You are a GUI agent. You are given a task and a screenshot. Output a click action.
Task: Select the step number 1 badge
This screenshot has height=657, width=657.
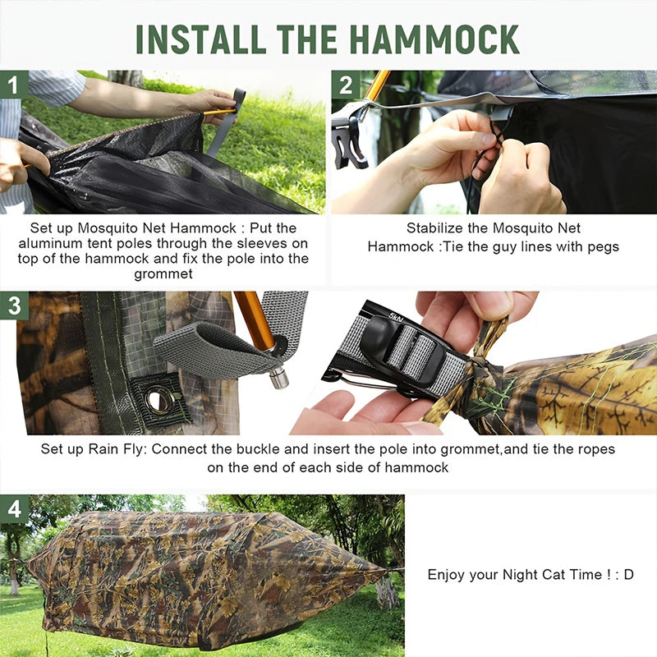pos(13,84)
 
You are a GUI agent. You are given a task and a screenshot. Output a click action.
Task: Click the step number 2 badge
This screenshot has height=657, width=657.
pos(346,85)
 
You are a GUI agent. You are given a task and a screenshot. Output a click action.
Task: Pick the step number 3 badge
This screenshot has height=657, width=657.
pos(13,305)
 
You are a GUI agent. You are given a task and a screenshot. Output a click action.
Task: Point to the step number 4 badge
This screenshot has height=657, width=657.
pos(13,508)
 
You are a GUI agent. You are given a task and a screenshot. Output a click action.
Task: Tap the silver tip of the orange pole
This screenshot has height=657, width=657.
pos(278,379)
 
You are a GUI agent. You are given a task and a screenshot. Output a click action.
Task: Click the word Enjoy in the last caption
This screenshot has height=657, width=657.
pos(447,575)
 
